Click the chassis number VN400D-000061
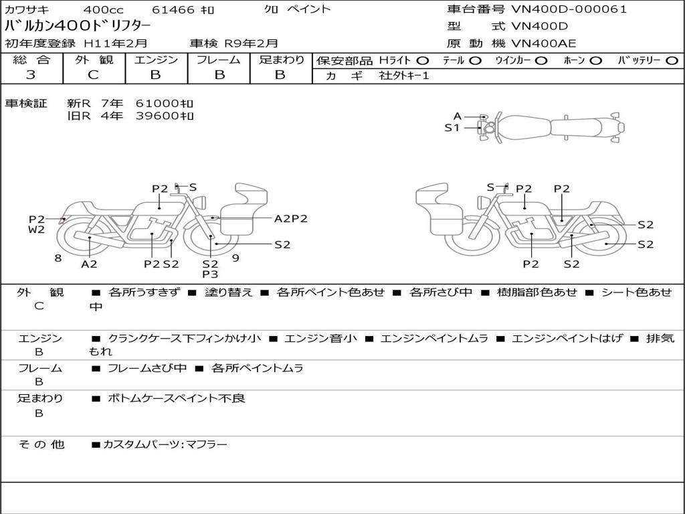coord(569,9)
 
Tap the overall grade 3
coord(31,75)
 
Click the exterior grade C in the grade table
coord(93,75)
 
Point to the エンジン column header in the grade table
coord(156,60)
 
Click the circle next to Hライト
coord(423,61)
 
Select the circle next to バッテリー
coord(672,61)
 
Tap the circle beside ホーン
coord(596,61)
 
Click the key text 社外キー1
coord(403,76)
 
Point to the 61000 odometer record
coord(165,104)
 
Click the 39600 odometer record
coord(165,116)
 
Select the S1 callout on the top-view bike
coord(452,128)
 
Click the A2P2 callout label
coord(291,219)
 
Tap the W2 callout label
coord(36,230)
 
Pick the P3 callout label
coord(210,274)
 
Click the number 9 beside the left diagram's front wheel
coord(235,258)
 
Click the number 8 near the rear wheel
coord(58,258)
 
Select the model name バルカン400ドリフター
coord(78,26)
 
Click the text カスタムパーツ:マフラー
coord(165,444)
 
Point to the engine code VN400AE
coord(543,44)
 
